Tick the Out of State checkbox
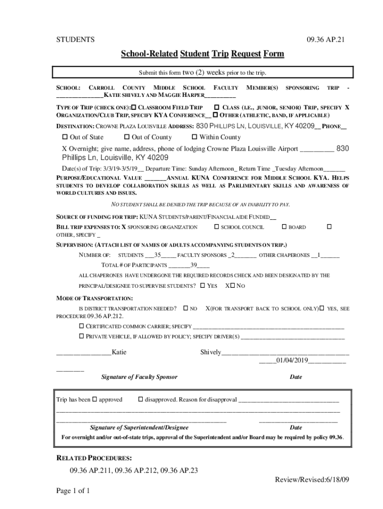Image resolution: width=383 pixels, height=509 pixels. tap(65, 137)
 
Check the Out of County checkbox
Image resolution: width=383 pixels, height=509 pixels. tap(127, 137)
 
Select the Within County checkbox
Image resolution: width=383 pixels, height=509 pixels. tap(194, 137)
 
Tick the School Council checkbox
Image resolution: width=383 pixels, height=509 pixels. tap(216, 227)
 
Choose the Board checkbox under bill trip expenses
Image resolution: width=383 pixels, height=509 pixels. tap(285, 227)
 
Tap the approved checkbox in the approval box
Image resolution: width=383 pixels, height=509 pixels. tap(95, 400)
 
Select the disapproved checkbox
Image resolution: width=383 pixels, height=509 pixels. tap(140, 400)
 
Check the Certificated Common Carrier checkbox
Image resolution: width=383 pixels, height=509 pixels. tap(82, 327)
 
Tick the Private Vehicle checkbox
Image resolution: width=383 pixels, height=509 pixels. tap(82, 337)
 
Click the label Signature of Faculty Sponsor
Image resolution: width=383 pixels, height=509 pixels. tap(139, 377)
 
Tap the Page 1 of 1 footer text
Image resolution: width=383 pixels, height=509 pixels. tap(73, 492)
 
